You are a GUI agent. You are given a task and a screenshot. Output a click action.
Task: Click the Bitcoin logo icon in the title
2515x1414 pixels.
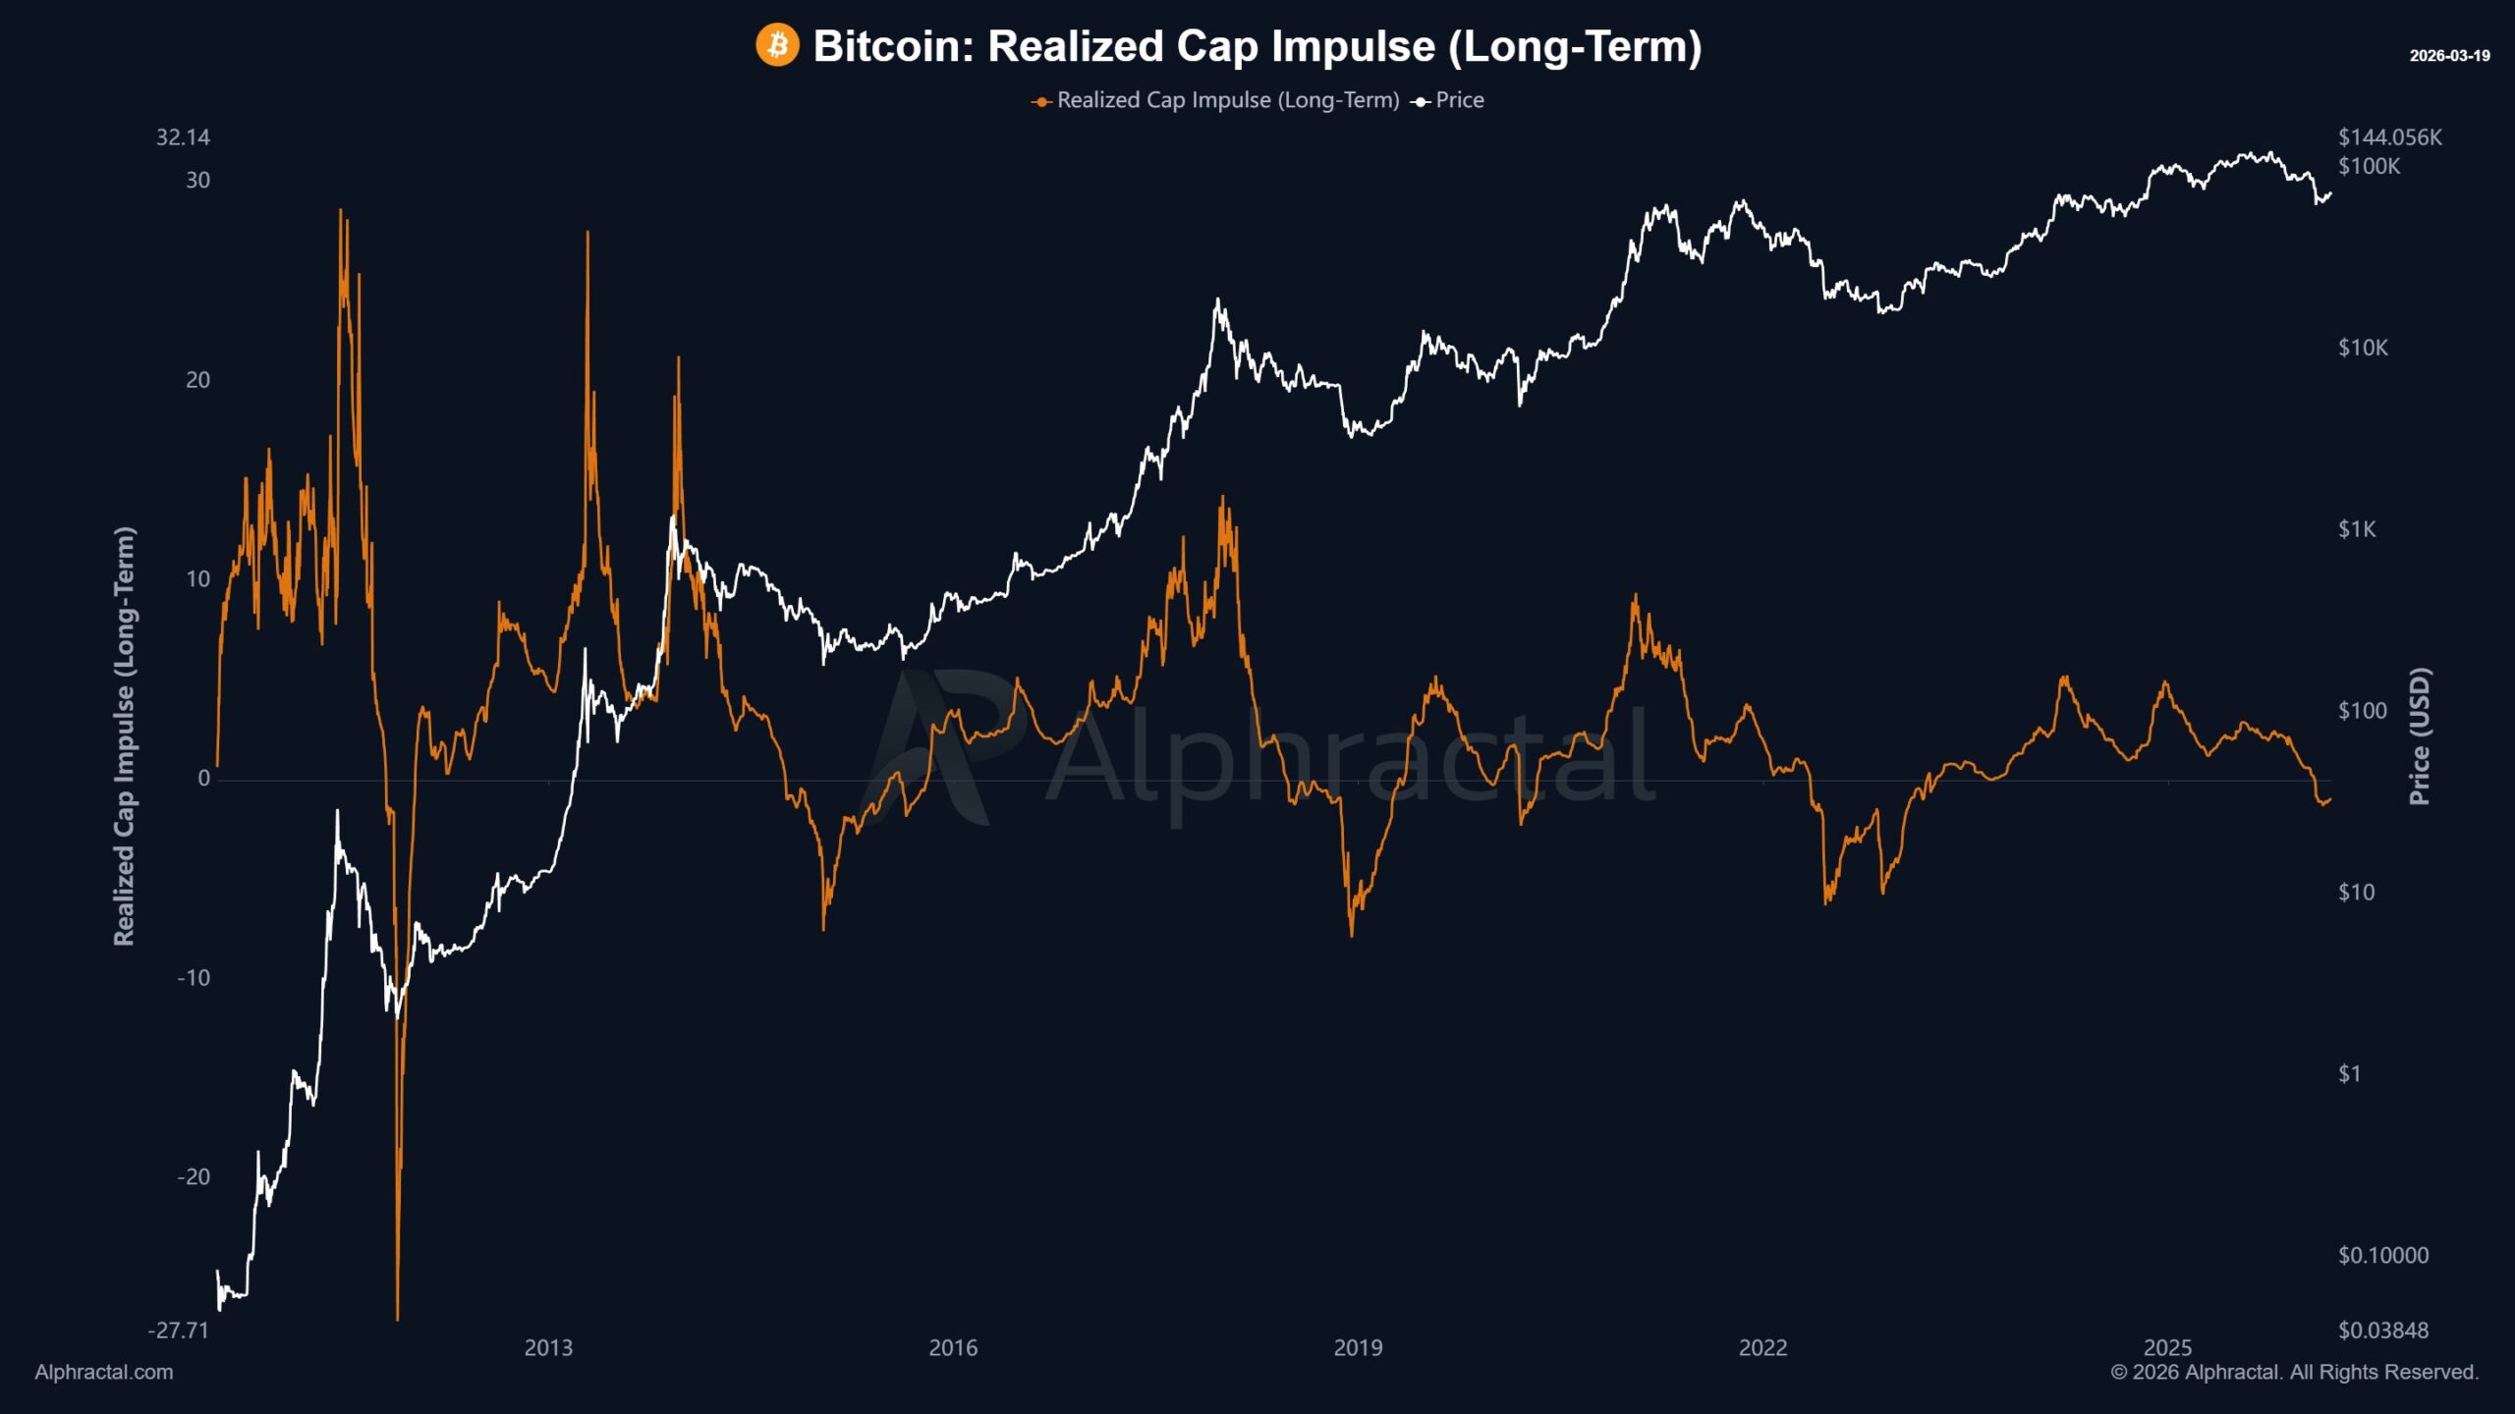pos(777,46)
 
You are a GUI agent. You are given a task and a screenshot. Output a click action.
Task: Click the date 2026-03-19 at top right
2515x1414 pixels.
pos(2449,56)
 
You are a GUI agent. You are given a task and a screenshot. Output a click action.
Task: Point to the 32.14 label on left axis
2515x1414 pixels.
pos(183,137)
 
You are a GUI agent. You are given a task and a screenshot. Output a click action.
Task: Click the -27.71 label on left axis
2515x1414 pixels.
pos(179,1331)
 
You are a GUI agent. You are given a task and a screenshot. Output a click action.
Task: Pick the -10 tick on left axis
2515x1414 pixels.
pos(194,978)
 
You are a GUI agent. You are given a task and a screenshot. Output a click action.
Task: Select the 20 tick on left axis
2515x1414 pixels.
pos(197,380)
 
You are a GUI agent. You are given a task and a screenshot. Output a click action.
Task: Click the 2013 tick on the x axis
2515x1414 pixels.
pos(548,1348)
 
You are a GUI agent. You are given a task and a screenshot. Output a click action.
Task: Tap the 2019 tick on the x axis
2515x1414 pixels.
pos(1358,1348)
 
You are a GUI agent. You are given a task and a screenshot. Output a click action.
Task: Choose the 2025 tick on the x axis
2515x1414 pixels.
pos(2167,1348)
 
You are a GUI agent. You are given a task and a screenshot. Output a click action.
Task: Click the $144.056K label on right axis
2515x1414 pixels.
pos(2389,137)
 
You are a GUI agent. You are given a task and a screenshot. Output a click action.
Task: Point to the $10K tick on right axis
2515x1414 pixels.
pos(2363,348)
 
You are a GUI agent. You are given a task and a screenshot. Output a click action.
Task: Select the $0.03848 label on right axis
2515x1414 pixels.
pos(2382,1331)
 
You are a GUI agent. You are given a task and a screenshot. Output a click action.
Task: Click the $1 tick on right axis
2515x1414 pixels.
pos(2349,1074)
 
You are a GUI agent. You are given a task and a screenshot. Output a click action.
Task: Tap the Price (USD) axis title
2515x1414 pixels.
pos(2420,736)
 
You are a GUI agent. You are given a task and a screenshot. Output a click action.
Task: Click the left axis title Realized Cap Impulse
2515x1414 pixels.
pos(124,736)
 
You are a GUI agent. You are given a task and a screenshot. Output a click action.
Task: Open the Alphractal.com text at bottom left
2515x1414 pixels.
pos(104,1373)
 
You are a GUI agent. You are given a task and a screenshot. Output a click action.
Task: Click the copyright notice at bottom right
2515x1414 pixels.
pos(2294,1373)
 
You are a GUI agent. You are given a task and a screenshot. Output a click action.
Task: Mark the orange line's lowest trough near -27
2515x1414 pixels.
pos(397,1318)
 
